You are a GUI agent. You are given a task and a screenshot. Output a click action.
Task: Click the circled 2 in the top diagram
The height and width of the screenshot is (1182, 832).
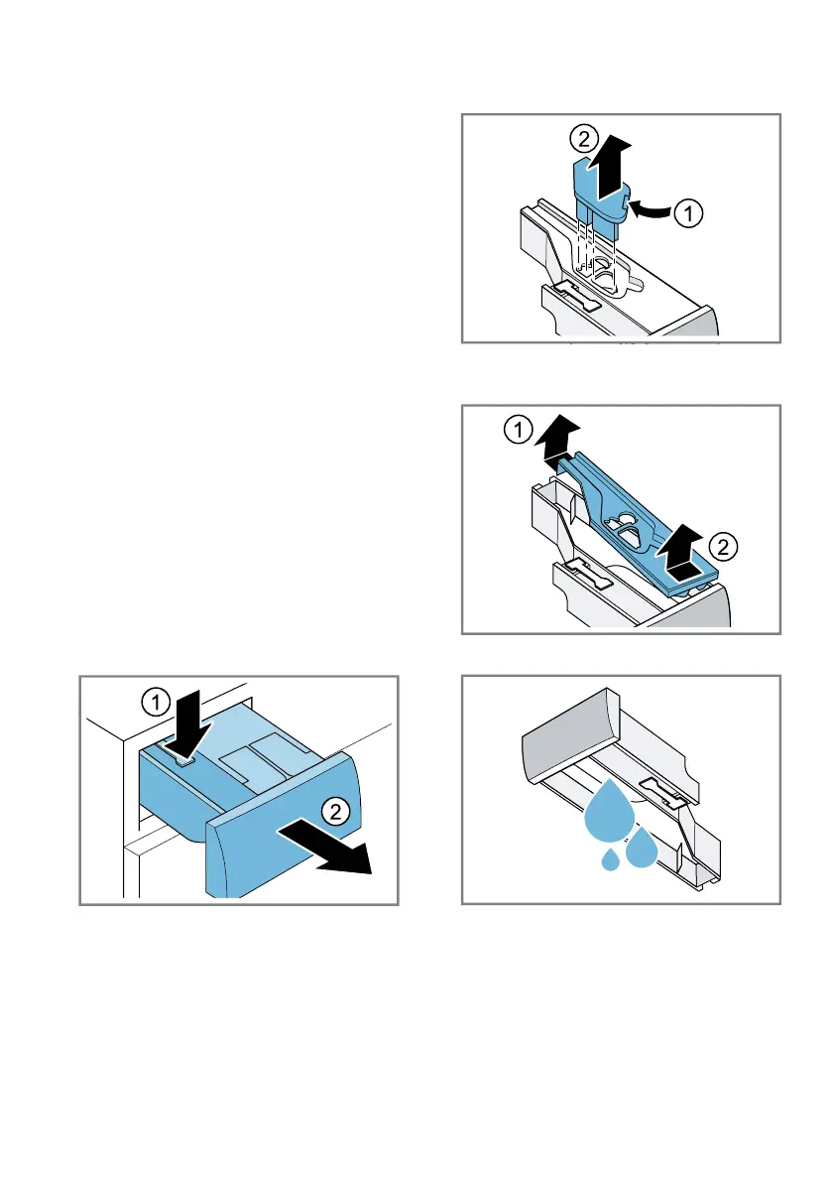point(583,140)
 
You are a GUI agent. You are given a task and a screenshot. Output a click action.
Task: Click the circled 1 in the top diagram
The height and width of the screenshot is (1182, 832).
point(687,213)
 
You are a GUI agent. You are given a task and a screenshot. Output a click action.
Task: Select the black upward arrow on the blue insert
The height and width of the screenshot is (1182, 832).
point(608,168)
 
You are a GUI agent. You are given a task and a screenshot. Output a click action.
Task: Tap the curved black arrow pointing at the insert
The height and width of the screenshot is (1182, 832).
point(650,210)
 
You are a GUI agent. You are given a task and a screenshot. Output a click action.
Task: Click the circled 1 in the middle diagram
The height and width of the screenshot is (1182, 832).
point(518,431)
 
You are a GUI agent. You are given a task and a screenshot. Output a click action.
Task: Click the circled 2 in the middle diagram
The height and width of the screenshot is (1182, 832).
point(723,547)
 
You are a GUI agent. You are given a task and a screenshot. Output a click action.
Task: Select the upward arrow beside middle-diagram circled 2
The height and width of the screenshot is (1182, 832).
point(679,553)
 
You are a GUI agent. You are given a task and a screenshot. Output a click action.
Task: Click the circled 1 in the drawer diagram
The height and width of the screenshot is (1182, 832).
point(156,704)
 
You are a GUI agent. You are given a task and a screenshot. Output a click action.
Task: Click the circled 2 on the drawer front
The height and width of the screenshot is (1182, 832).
point(335,812)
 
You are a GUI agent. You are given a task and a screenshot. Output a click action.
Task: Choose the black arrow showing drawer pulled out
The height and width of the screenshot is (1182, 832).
point(326,849)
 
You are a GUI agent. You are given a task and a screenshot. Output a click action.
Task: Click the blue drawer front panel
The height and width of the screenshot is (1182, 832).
point(283,825)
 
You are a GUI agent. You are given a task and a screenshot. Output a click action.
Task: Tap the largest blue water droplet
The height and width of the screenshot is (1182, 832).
point(609,811)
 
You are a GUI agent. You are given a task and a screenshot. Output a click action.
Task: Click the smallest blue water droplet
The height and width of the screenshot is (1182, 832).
point(611,859)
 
